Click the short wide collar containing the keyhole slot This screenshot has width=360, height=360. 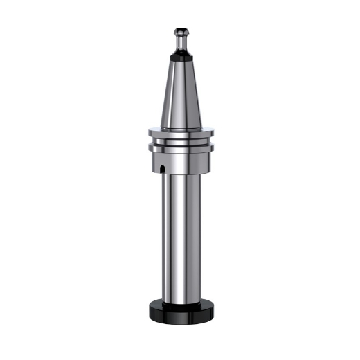click(x=181, y=163)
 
